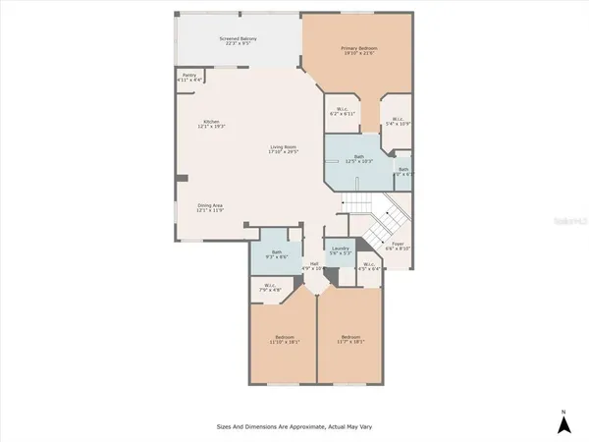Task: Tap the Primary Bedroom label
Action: (x=359, y=50)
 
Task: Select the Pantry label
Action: (x=189, y=76)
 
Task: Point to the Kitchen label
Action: (x=211, y=123)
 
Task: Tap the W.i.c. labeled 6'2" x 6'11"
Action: (x=342, y=111)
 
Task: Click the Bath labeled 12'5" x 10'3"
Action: (x=358, y=159)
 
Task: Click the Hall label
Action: (x=315, y=265)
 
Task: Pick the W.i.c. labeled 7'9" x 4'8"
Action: (x=269, y=288)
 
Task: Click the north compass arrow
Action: (x=563, y=423)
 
